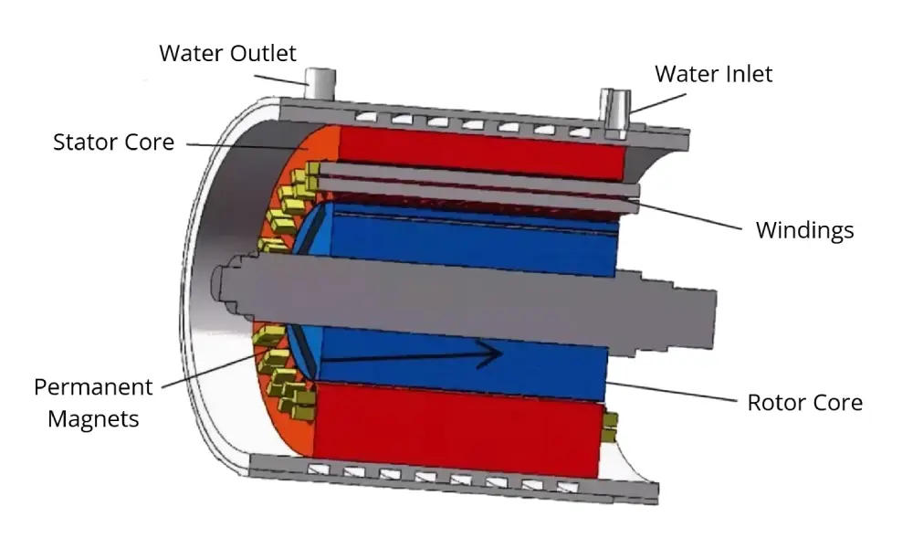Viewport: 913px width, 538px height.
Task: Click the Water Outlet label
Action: pos(227,53)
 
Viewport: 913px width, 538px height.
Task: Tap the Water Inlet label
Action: pos(713,73)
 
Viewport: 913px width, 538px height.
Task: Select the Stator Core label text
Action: pos(113,142)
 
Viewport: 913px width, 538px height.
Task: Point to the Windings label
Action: pos(804,230)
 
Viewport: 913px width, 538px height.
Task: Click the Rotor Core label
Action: pos(804,402)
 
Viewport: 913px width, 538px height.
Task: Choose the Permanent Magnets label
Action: pos(93,403)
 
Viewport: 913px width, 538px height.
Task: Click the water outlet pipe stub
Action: pos(319,85)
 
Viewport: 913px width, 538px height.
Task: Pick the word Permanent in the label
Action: pos(93,387)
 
